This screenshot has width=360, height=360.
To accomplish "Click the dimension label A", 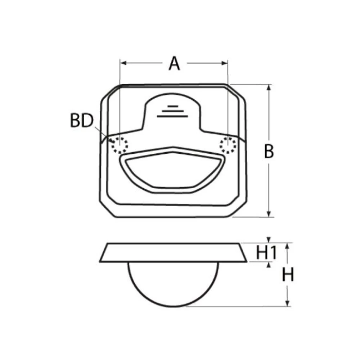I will click(x=174, y=64).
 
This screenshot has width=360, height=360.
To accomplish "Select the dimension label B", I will click(x=269, y=152).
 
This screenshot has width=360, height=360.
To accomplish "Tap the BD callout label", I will click(x=82, y=121).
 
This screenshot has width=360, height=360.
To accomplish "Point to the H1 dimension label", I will click(x=266, y=253).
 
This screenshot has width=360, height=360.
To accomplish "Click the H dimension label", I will click(x=288, y=275).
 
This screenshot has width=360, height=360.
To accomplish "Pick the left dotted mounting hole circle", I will click(x=119, y=145).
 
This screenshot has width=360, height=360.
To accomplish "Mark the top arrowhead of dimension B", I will click(x=269, y=87).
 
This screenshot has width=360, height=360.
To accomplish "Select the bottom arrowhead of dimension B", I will click(x=269, y=214).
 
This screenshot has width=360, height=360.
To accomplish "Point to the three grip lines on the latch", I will click(x=172, y=111).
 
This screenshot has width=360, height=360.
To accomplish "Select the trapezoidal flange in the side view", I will click(x=173, y=252).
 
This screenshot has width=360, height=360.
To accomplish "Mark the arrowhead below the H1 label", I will click(x=269, y=265).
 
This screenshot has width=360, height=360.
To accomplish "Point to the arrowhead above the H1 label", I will click(x=269, y=240).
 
